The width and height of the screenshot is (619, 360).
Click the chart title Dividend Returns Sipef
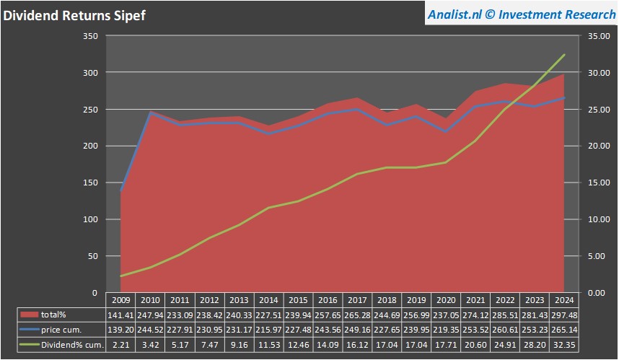pos(74,15)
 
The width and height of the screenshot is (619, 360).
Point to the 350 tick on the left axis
pos(89,36)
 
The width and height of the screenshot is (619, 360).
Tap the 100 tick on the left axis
pos(89,219)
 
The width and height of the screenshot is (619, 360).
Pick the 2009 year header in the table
pos(120,299)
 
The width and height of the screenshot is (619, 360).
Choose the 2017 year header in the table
pos(356,299)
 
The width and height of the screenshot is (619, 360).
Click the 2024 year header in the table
pos(563,299)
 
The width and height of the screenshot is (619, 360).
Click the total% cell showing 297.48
pos(563,315)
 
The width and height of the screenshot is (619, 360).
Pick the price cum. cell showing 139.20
pos(120,330)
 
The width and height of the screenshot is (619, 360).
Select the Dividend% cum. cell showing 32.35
pos(563,345)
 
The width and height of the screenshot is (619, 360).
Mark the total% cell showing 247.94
pos(150,315)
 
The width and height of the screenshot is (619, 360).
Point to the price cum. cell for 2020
pos(445,330)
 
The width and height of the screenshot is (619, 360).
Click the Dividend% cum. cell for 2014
pos(268,345)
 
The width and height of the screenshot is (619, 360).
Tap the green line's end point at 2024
pos(564,55)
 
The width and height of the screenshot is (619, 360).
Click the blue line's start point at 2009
pos(120,190)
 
